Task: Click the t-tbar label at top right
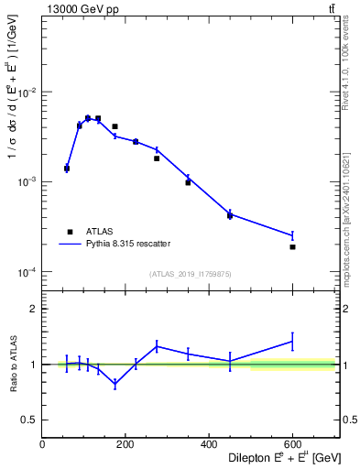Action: coord(330,9)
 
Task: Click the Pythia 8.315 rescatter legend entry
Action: coord(126,244)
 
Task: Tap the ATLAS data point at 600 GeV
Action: coord(293,247)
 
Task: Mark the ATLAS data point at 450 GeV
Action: coord(230,215)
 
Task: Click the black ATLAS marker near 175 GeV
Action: coord(115,126)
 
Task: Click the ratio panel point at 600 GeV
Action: coord(293,341)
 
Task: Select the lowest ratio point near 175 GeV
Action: coord(115,384)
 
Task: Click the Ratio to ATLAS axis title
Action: coord(12,364)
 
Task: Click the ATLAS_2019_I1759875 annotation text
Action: coord(190,273)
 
